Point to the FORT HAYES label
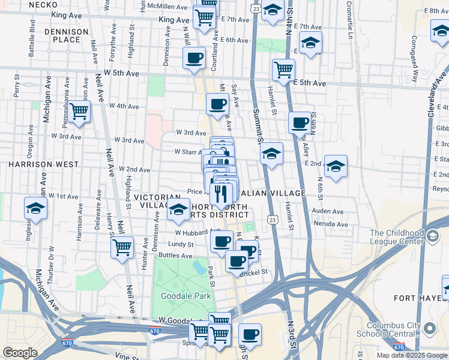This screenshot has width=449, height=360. point(417,298)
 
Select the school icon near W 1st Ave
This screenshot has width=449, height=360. point(36,208)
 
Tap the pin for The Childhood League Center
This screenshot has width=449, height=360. point(432,236)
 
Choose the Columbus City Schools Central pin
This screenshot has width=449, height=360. point(429,329)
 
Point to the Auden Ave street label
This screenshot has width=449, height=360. point(328,212)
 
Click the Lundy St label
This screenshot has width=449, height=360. point(181,244)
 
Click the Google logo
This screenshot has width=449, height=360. point(20,353)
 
